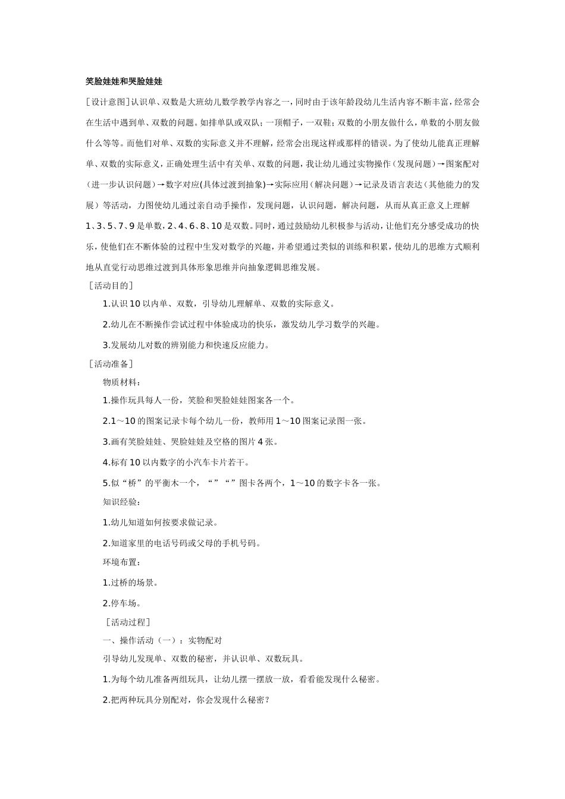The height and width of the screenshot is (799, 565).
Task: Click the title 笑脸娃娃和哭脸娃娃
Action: pos(124,81)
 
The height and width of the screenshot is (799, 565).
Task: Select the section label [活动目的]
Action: pos(111,286)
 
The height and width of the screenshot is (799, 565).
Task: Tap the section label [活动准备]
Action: pos(111,364)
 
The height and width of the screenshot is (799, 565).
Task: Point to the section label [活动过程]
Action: pos(127,622)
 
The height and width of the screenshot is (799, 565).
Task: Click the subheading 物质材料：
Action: pos(122,382)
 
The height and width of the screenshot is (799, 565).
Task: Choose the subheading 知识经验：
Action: pos(122,502)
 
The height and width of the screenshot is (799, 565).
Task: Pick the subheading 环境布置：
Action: pos(122,562)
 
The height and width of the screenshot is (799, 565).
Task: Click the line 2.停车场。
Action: pos(122,603)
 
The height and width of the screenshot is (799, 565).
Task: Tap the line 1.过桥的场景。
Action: pos(130,583)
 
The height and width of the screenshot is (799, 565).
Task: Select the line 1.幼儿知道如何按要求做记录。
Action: pos(160,523)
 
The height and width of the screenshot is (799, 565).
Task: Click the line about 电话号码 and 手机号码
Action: pos(182,543)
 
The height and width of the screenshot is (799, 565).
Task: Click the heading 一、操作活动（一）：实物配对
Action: pos(162,640)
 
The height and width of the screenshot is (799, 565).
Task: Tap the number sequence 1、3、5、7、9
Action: pos(111,226)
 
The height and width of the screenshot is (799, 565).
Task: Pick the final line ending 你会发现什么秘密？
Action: pos(186,700)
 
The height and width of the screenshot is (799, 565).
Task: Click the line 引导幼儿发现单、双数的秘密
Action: pos(202,659)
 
